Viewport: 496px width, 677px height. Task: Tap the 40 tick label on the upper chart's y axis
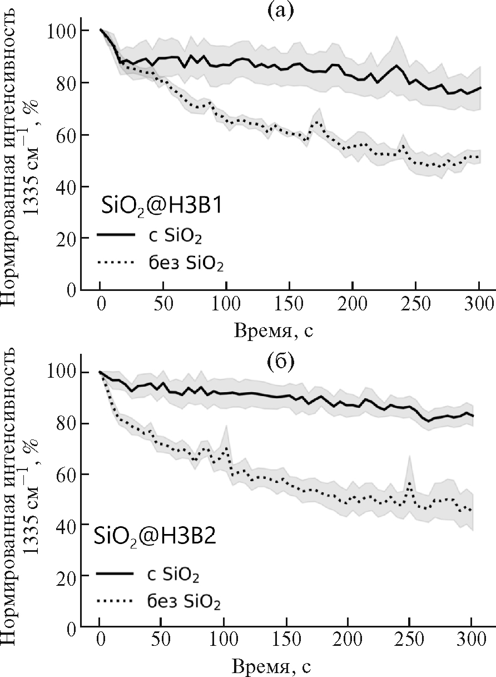[66, 186]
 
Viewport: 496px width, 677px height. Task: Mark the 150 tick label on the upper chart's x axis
[289, 304]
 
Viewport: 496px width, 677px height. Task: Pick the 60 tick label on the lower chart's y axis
[66, 474]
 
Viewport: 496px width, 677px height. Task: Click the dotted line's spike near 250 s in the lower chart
[410, 483]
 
